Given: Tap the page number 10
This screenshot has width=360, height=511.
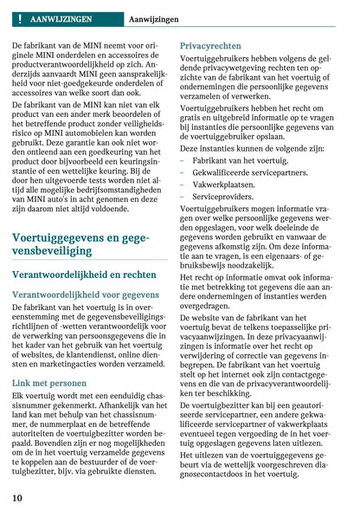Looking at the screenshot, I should tap(17, 498).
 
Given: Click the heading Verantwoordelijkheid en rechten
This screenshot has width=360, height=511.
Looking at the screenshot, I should tap(84, 274).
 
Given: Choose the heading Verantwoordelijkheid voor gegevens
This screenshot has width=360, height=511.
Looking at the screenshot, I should tap(85, 294).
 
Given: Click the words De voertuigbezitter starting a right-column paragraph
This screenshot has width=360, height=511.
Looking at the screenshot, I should tap(215, 405).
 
